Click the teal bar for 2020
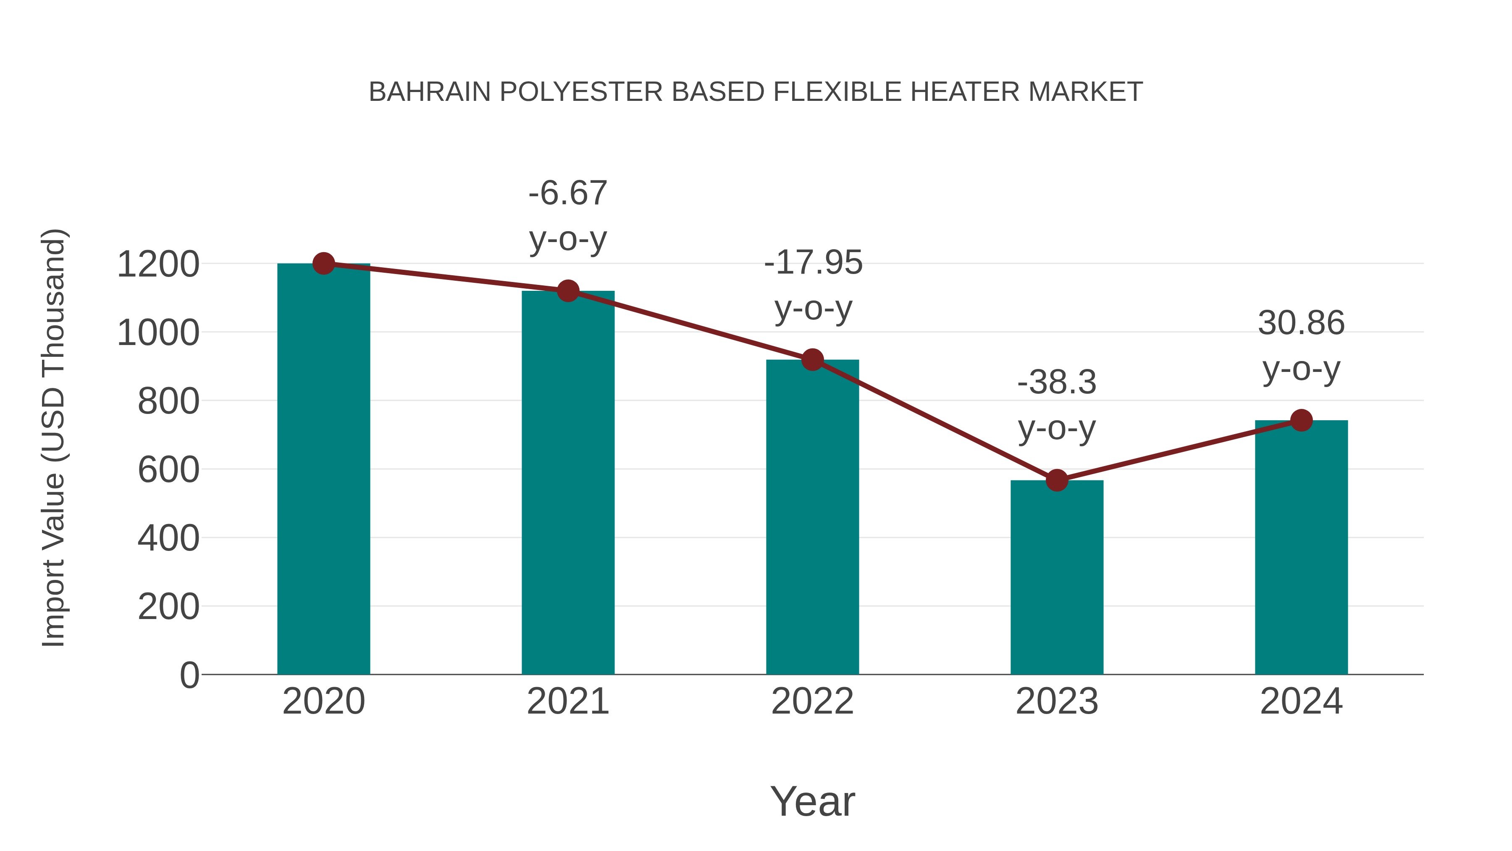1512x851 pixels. coord(323,470)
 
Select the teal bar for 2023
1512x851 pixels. coord(1057,579)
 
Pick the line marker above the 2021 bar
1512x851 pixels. coord(567,291)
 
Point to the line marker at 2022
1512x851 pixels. coord(812,359)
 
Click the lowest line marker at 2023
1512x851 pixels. coord(1057,480)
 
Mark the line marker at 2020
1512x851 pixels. coord(323,263)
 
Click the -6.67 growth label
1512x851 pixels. coord(567,194)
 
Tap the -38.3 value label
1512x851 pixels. coord(1057,382)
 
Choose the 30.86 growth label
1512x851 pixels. coord(1301,323)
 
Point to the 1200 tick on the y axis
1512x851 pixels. coord(158,264)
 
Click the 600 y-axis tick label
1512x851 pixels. coord(168,470)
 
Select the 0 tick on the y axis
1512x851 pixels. coord(189,675)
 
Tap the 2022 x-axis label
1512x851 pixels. coord(812,701)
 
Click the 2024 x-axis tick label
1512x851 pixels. coord(1301,701)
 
